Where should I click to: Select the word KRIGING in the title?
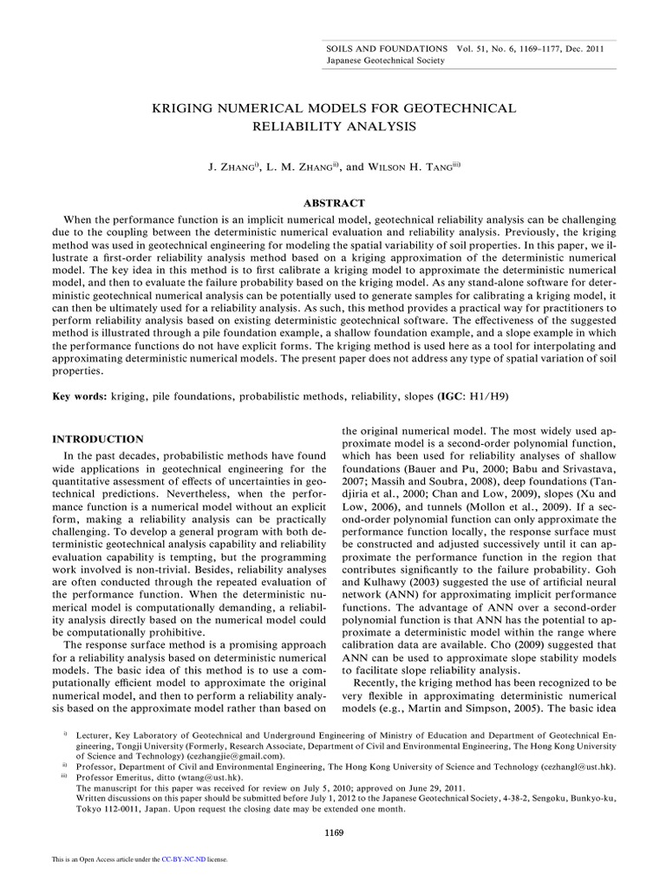click(186, 108)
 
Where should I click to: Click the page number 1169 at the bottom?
click(333, 833)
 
